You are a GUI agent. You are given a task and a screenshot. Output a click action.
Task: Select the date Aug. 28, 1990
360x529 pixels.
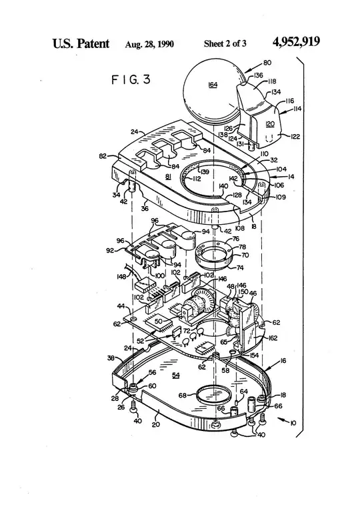(x=150, y=44)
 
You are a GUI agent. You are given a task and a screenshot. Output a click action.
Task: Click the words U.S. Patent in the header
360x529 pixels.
(x=82, y=43)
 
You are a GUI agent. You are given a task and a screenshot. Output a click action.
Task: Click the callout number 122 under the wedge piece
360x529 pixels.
(x=294, y=136)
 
